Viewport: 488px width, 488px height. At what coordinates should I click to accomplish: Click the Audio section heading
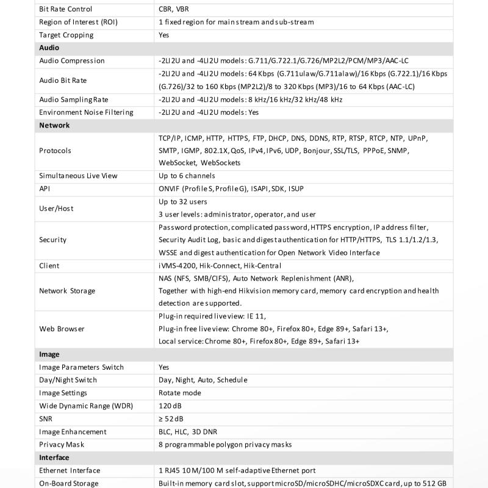click(x=49, y=48)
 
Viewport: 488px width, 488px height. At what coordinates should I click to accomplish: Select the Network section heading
click(x=54, y=125)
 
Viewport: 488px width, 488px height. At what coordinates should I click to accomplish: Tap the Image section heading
click(x=49, y=354)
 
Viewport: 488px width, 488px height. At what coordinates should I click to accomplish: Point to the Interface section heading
click(x=54, y=457)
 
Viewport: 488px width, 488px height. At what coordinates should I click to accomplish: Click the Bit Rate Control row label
click(x=66, y=9)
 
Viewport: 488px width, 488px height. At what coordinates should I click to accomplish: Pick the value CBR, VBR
click(x=174, y=9)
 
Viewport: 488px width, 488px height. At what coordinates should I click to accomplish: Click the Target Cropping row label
click(x=66, y=35)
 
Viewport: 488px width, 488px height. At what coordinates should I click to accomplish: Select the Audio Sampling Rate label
click(x=73, y=99)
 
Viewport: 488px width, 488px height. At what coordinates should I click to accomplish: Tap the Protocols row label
click(x=55, y=151)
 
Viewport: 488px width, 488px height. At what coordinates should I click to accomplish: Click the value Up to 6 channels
click(x=187, y=176)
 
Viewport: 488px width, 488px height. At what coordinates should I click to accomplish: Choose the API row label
click(x=45, y=189)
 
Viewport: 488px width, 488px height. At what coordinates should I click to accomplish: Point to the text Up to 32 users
click(x=182, y=202)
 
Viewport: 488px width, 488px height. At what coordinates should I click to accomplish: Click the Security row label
click(x=53, y=240)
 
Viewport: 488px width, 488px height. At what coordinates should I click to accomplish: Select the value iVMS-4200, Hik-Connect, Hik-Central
click(x=220, y=265)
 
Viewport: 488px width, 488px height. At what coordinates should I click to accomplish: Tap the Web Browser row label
click(x=62, y=329)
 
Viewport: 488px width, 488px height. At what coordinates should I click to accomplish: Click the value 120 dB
click(x=170, y=406)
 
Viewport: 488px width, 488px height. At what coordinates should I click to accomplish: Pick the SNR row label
click(x=46, y=418)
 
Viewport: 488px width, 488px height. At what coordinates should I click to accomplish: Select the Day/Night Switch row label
click(x=68, y=380)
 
